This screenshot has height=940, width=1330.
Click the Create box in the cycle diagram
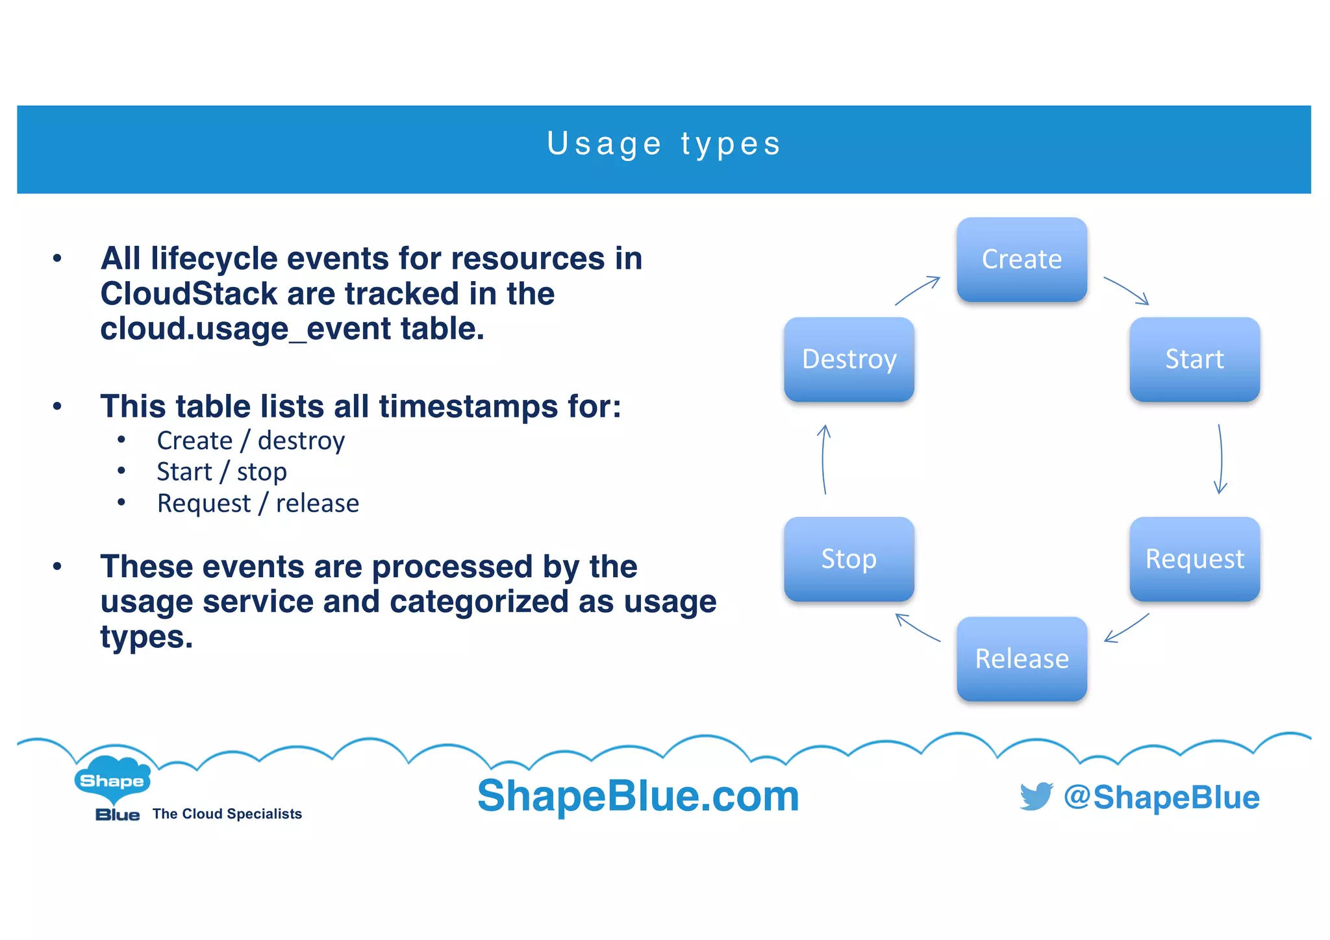tap(1022, 260)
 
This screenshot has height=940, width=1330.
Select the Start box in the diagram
tap(1194, 359)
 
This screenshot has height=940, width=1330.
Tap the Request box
tap(1194, 559)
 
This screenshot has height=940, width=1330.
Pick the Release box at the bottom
tap(1022, 659)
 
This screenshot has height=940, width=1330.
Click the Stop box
tap(849, 559)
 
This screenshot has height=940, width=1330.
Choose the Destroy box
tap(849, 359)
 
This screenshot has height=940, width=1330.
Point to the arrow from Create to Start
tap(1126, 290)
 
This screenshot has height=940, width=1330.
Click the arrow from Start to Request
tap(1221, 458)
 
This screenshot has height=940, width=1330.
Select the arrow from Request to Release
tap(1127, 628)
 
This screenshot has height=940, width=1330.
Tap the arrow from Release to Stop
tap(918, 628)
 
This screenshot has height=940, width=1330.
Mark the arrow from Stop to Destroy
tap(823, 458)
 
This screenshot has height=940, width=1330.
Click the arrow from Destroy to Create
tap(917, 290)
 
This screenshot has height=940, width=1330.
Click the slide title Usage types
tap(664, 144)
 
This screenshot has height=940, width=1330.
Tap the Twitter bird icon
tap(1036, 796)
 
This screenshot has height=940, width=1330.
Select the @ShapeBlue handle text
tap(1162, 797)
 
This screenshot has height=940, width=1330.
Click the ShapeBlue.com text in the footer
tap(638, 796)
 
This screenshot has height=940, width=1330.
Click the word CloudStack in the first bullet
tap(189, 294)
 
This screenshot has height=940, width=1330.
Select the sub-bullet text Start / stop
tap(221, 472)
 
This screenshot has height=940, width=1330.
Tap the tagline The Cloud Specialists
tap(227, 814)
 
